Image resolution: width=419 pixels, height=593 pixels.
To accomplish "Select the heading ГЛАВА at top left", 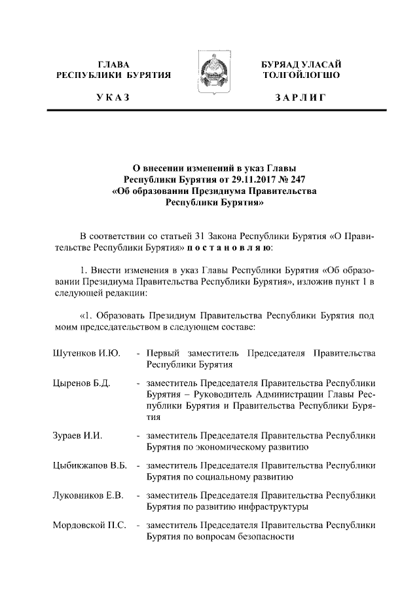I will click(113, 64).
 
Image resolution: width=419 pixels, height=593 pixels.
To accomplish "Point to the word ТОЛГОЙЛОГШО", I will click(300, 75).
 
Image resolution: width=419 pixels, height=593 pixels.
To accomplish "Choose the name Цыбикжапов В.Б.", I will click(90, 465).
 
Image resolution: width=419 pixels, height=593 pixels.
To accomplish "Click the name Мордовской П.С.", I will click(89, 524).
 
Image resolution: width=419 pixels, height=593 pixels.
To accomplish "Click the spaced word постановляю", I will click(227, 248).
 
